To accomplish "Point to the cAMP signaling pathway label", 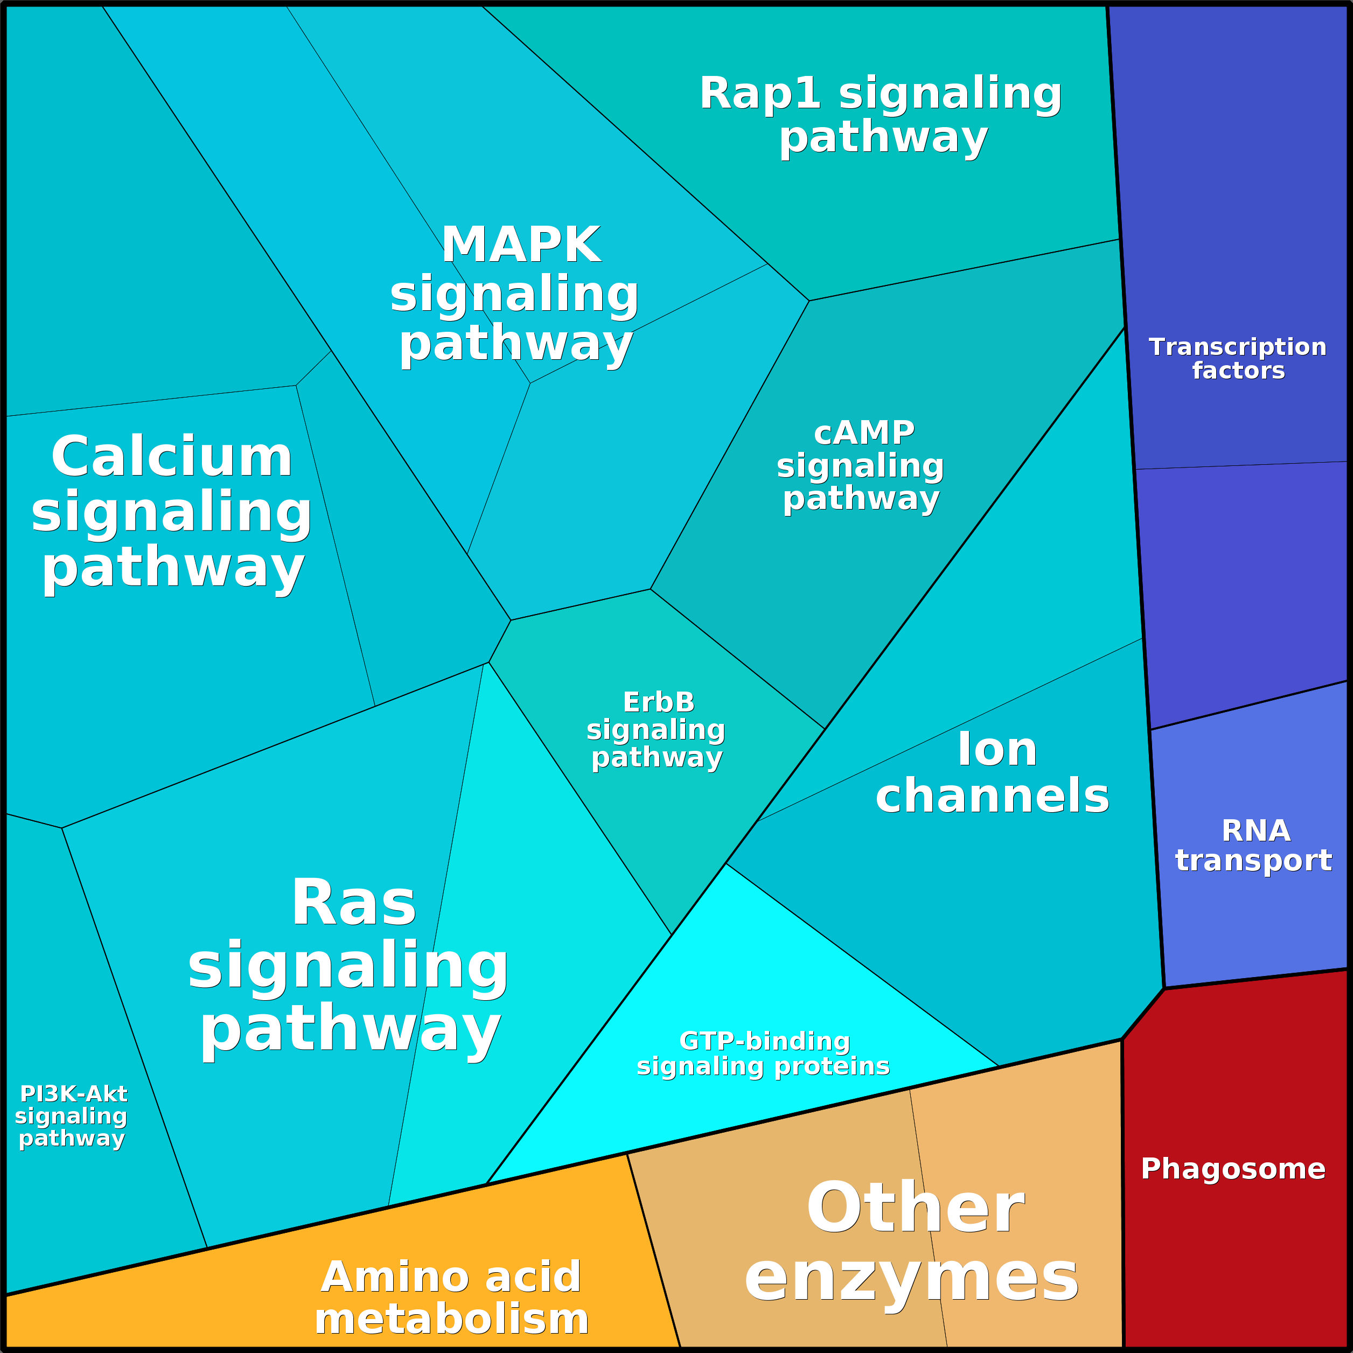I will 861,466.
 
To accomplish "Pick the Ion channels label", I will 993,772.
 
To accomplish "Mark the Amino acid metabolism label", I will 452,1298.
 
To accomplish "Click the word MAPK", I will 521,245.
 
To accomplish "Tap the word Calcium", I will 172,457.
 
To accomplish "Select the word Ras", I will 354,903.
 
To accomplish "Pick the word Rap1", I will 760,93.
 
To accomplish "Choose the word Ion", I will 997,749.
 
